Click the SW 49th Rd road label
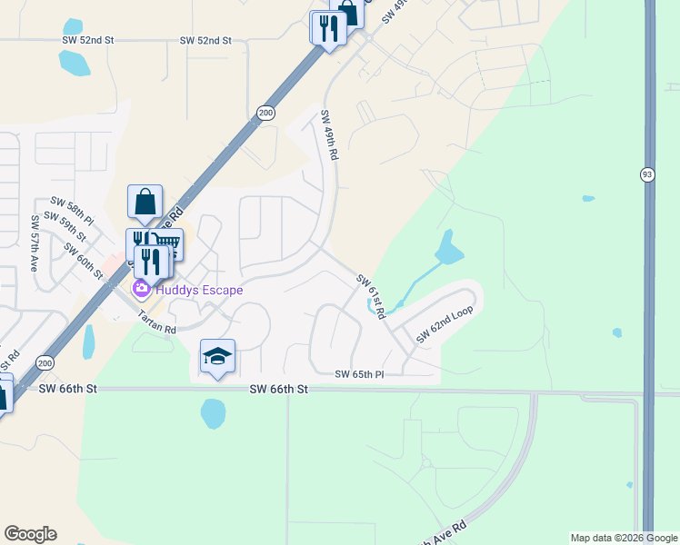point(329,135)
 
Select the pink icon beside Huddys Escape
point(141,290)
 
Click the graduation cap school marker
point(218,356)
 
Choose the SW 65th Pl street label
point(360,374)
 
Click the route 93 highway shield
point(647,174)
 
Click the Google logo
point(30,534)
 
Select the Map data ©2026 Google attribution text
point(624,538)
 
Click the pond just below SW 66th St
point(213,414)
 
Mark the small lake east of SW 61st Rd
point(448,247)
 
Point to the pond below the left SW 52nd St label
point(74,63)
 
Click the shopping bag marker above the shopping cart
point(145,202)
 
